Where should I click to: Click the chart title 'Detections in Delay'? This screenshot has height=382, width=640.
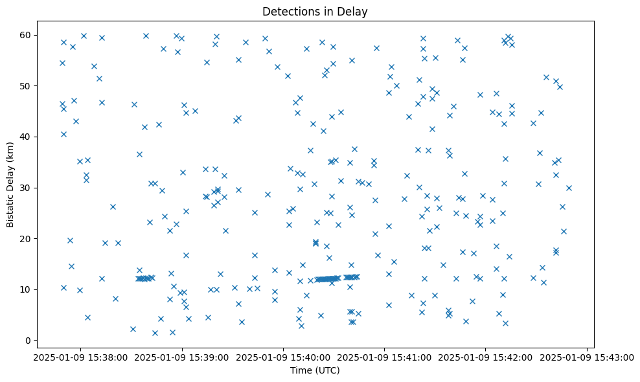tap(319, 11)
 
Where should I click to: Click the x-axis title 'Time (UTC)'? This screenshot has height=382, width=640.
tap(315, 370)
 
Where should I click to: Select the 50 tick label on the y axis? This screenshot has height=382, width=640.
tap(30, 86)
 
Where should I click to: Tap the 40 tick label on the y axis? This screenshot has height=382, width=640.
tap(30, 137)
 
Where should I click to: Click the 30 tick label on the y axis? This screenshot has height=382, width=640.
tap(30, 188)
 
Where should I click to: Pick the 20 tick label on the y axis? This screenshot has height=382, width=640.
tap(30, 239)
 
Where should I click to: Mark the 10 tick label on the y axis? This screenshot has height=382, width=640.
tap(30, 289)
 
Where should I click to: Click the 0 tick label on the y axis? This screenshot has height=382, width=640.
tap(33, 341)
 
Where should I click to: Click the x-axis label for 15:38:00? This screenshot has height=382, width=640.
tap(80, 357)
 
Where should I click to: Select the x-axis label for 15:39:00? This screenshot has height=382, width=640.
tap(182, 357)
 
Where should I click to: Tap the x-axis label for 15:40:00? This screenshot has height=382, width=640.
tap(283, 357)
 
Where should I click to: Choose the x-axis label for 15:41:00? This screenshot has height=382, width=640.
tap(385, 357)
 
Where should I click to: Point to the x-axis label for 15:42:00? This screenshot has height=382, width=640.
tap(486, 357)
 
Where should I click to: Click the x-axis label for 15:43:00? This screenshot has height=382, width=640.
tap(588, 357)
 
